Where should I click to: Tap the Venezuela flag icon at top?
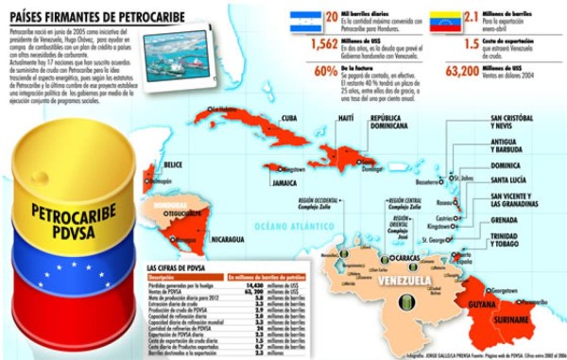[445, 22]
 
